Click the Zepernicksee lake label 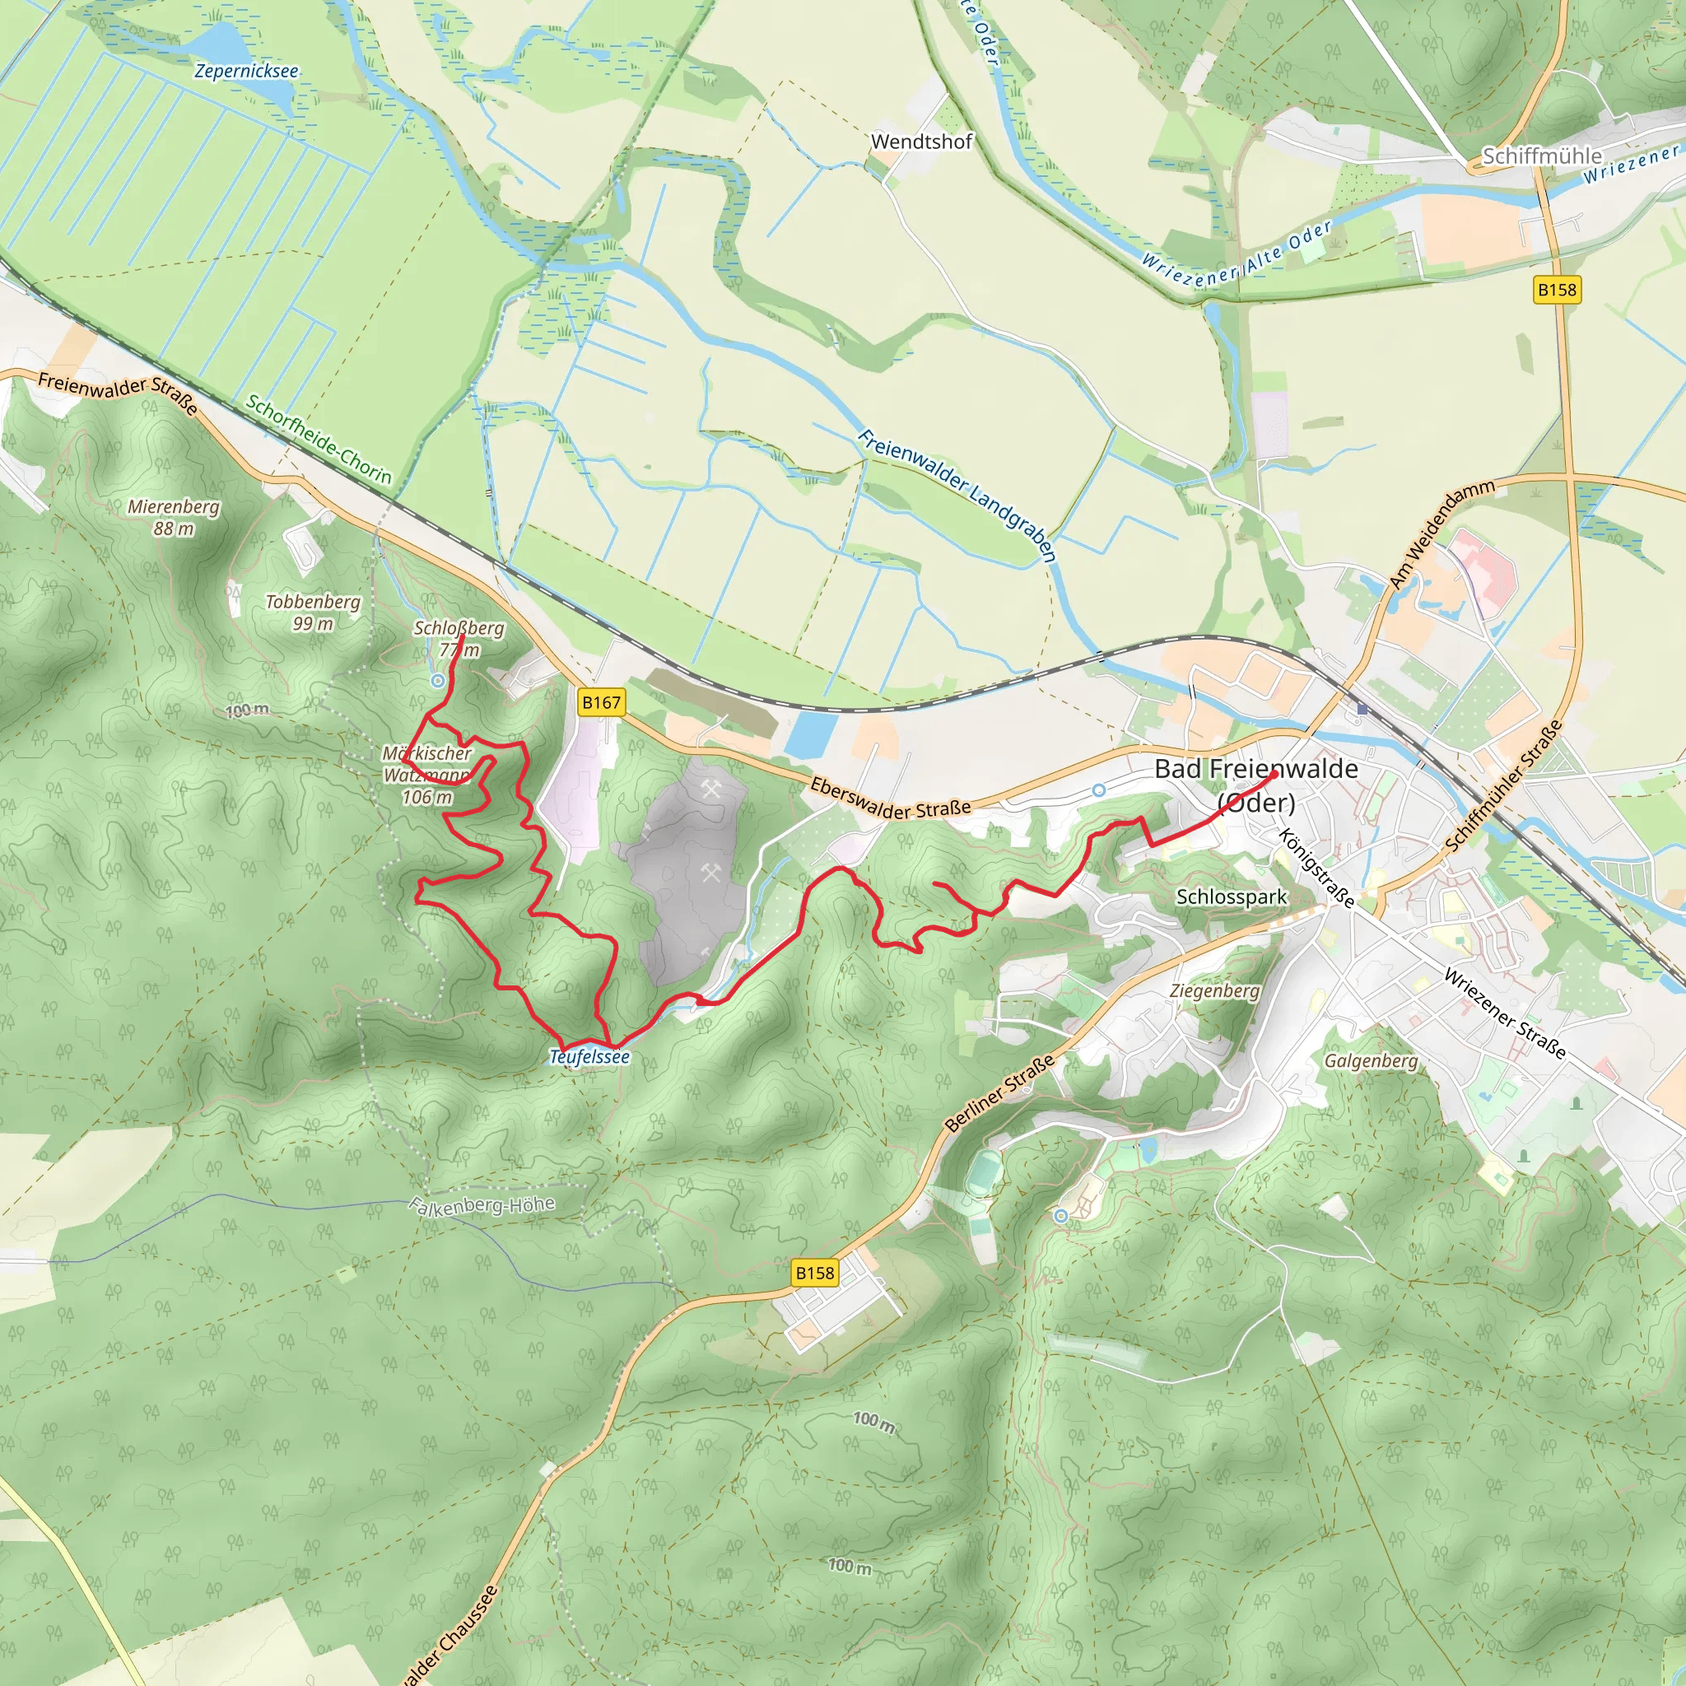tap(246, 72)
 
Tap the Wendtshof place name tap(920, 142)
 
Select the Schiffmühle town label tap(1541, 156)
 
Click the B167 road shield tap(601, 702)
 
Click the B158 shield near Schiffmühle tap(1557, 290)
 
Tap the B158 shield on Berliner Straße tap(814, 1274)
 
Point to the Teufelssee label tap(589, 1057)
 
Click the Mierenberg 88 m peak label tap(174, 517)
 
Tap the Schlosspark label tap(1231, 897)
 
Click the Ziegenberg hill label tap(1214, 990)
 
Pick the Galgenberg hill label tap(1371, 1060)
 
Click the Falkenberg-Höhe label tap(482, 1205)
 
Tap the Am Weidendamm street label tap(1441, 533)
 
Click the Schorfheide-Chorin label tap(319, 439)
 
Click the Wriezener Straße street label tap(1505, 1013)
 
